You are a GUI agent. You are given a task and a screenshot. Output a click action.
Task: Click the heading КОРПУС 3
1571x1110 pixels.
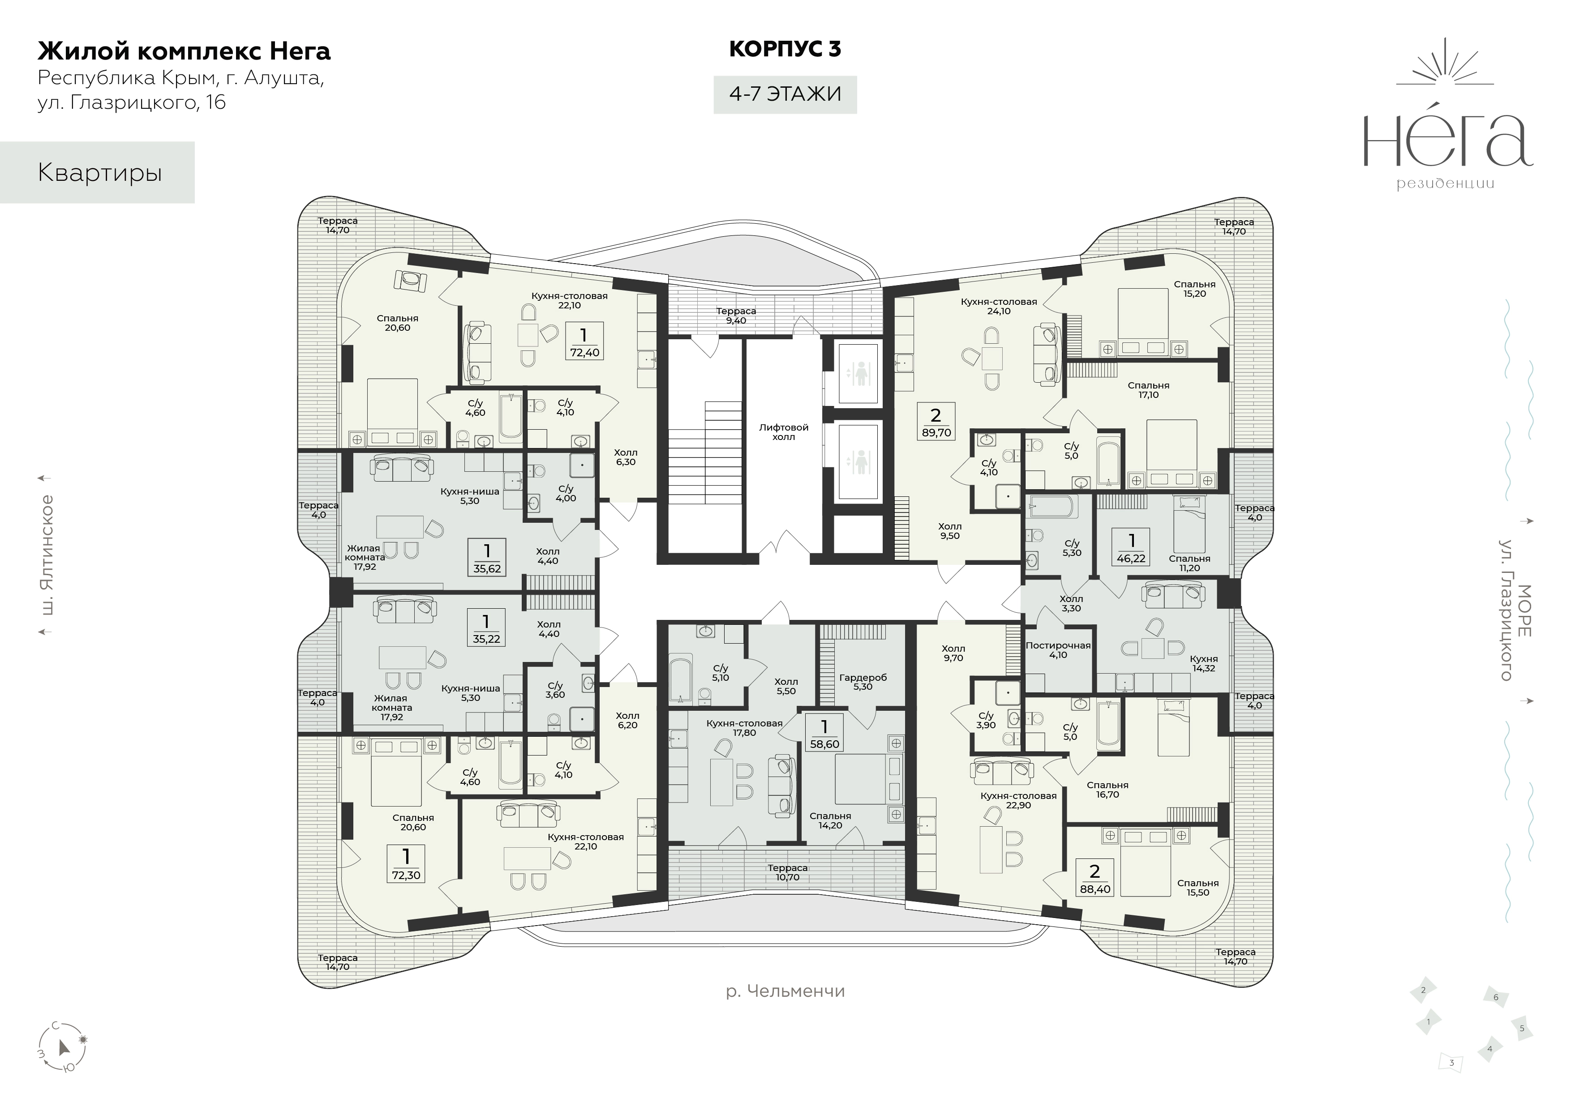click(785, 49)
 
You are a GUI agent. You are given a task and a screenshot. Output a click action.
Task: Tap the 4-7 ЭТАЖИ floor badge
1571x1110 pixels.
click(785, 94)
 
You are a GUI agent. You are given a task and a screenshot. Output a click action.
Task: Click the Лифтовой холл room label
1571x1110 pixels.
click(783, 431)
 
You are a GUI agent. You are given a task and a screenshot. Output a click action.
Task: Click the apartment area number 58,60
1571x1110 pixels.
click(824, 744)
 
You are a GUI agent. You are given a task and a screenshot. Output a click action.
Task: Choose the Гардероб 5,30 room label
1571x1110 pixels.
click(863, 682)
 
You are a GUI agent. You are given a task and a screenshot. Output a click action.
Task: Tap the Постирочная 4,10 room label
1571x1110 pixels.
click(1058, 650)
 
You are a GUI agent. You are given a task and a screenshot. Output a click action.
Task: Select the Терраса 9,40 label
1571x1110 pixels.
click(736, 315)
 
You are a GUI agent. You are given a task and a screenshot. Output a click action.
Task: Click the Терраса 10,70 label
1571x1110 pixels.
click(788, 872)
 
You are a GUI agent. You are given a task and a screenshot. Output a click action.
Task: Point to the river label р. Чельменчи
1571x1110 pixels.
click(785, 991)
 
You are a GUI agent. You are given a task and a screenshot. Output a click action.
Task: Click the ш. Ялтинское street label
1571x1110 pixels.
click(47, 555)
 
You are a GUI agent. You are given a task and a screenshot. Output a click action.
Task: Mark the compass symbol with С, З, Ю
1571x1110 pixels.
click(62, 1046)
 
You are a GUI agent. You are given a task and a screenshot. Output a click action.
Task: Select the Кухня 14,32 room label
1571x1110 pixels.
click(1204, 663)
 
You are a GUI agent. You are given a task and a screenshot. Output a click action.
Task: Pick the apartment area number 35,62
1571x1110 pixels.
click(486, 568)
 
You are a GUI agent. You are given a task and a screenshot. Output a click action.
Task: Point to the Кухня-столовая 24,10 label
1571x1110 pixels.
click(999, 306)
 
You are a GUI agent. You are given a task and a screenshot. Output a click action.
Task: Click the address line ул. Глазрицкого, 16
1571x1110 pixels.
click(131, 102)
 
